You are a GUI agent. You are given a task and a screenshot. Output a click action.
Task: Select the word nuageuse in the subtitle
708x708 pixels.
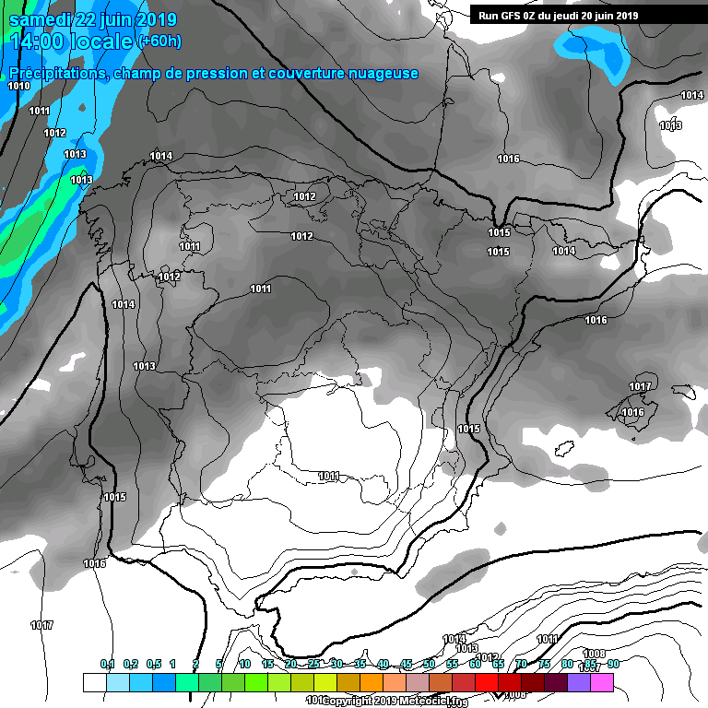point(382,74)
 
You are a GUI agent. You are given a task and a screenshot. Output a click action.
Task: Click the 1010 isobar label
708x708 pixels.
point(18,86)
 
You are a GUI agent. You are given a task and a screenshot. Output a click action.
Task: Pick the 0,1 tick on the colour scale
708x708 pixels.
point(107,664)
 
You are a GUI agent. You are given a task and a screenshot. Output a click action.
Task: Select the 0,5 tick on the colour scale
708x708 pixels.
point(153,664)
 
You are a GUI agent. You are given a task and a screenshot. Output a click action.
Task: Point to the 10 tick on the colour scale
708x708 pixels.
point(244,664)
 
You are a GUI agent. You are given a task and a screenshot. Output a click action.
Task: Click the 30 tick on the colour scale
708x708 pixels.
point(336,664)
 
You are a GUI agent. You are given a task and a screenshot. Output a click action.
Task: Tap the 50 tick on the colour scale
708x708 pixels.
point(429,664)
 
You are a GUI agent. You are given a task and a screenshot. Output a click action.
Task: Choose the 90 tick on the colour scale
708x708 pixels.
point(613,664)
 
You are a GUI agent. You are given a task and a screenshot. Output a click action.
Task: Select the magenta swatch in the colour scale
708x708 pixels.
point(601,682)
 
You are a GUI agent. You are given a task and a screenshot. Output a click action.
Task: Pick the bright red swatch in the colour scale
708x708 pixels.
point(486,682)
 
